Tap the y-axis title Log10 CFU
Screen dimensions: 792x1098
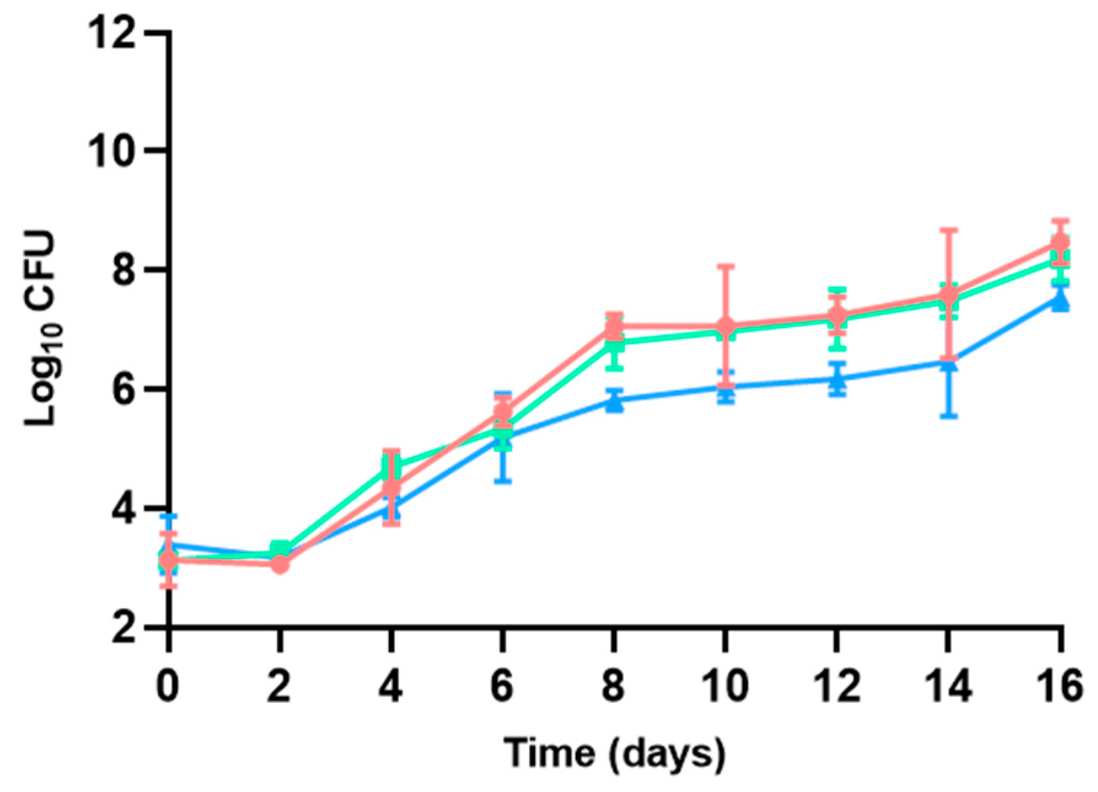pos(41,329)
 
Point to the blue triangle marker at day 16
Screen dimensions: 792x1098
pos(1060,300)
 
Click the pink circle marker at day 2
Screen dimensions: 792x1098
pos(280,564)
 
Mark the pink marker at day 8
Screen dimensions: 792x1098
pos(614,326)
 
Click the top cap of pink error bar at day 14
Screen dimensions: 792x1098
pos(949,230)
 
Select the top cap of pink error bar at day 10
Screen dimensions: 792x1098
pos(726,266)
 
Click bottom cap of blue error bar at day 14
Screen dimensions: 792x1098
pos(949,417)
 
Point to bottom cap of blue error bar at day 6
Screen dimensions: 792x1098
pos(503,481)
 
